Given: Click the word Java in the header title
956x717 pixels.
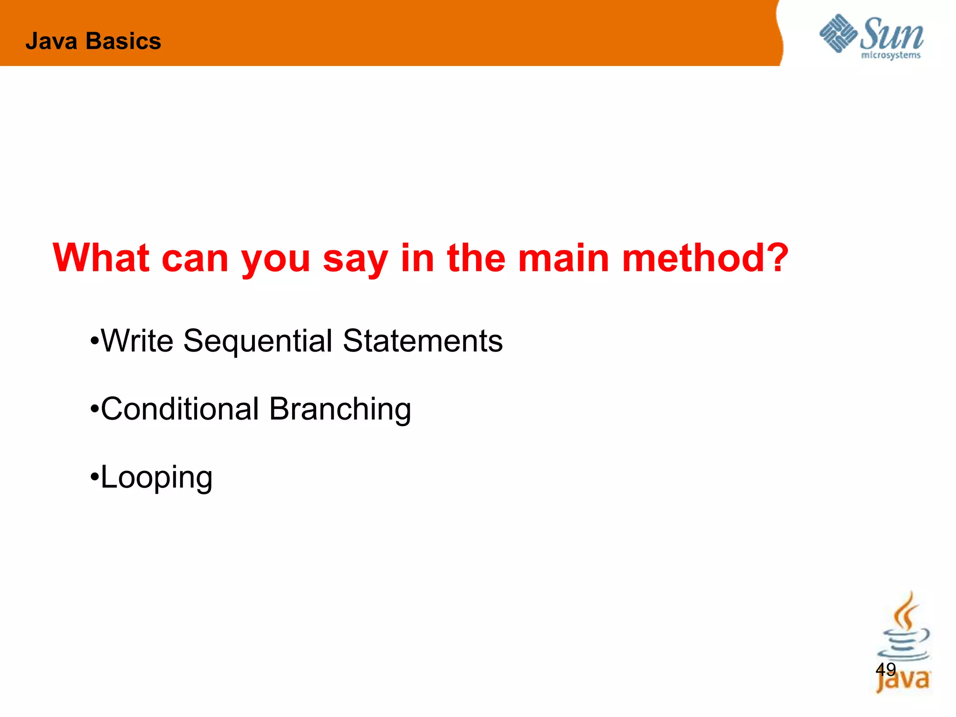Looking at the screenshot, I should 51,41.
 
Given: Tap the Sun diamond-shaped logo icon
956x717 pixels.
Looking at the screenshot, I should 838,33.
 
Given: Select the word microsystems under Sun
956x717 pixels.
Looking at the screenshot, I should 891,56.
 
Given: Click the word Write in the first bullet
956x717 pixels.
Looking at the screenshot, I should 137,340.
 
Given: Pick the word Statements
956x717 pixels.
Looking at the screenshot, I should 422,340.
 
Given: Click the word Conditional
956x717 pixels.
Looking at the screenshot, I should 180,408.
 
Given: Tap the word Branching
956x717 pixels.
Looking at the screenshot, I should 340,409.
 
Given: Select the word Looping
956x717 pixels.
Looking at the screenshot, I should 156,478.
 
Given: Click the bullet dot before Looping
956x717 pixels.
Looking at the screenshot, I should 94,478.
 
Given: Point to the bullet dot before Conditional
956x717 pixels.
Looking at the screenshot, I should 94,409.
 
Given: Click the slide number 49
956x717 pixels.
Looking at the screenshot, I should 886,669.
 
